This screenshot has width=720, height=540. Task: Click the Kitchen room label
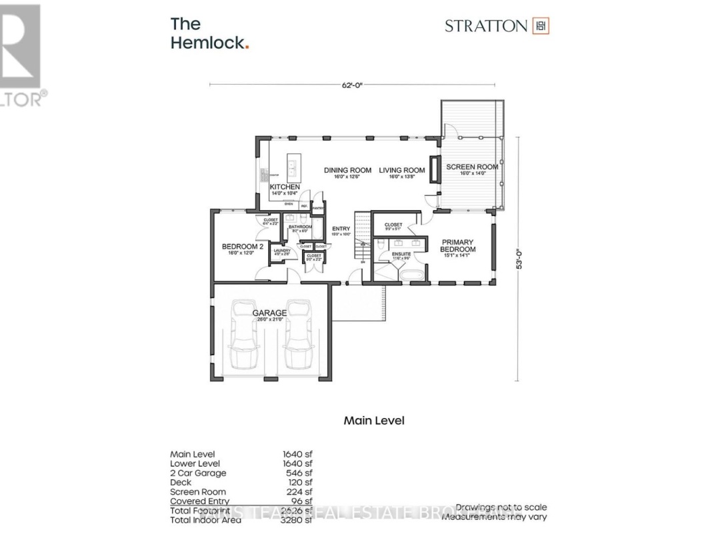[x=285, y=187]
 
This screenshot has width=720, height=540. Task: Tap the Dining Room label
[x=347, y=170]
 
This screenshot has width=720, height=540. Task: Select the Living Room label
[x=402, y=170]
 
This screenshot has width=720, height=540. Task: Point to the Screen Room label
[x=472, y=167]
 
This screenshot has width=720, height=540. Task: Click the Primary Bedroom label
[x=457, y=246]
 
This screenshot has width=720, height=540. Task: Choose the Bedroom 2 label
[x=243, y=247]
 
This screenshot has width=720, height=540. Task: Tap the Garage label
[x=269, y=313]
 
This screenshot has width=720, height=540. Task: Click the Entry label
[x=341, y=229]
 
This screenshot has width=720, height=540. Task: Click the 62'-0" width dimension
[x=353, y=85]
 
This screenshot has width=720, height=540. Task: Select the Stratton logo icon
[x=540, y=26]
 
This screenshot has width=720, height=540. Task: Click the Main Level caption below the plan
[x=373, y=421]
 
